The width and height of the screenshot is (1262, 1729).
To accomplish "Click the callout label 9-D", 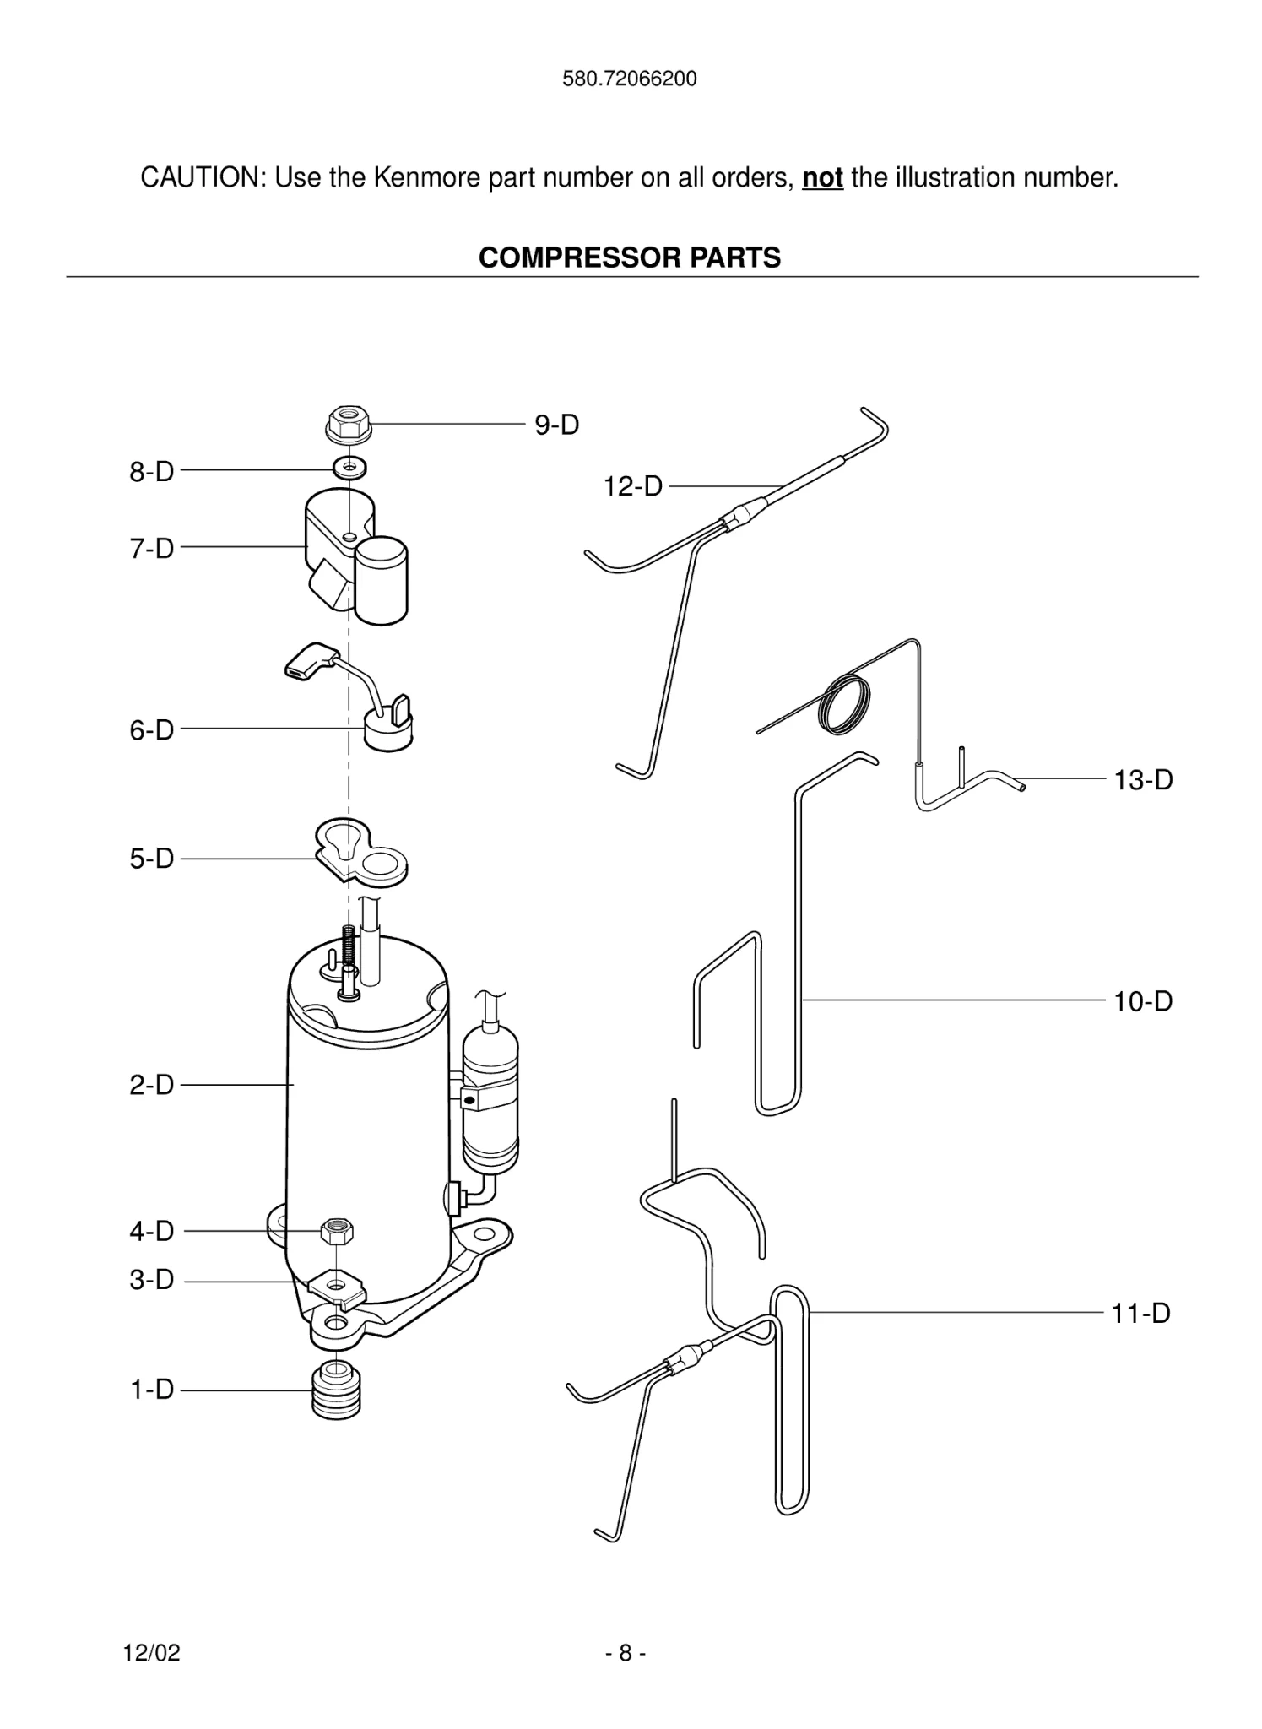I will click(556, 425).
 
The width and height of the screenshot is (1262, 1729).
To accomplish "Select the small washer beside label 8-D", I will click(349, 466).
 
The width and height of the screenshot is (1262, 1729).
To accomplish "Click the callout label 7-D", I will click(151, 549).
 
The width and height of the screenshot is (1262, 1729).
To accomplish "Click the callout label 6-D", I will click(151, 730).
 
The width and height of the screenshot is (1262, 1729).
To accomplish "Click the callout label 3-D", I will click(151, 1280).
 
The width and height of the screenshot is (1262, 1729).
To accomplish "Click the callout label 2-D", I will click(151, 1085).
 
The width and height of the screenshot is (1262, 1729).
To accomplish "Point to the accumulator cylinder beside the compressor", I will click(490, 1098).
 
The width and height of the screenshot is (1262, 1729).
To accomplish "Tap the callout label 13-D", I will click(1143, 780).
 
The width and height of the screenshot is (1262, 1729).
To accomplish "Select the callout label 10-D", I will click(1143, 1002).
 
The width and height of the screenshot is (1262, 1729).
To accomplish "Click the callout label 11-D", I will click(1140, 1314).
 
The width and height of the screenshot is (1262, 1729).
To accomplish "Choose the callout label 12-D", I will click(632, 487).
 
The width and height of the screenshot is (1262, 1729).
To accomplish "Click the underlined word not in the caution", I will click(822, 178).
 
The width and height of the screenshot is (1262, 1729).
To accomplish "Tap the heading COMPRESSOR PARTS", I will click(630, 257).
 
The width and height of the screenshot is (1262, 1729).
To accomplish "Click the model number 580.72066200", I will click(630, 79).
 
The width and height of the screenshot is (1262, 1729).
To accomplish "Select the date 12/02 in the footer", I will click(152, 1653).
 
